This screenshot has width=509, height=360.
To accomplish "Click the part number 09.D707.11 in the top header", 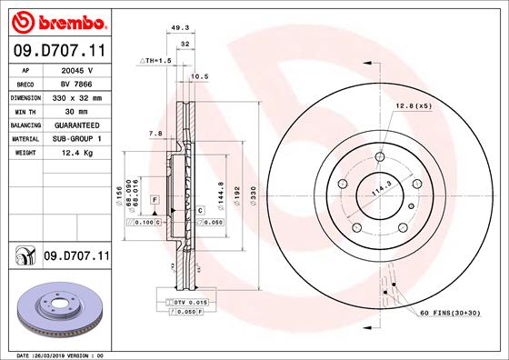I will pos(58,51).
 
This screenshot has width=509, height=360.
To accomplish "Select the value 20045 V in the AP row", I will pos(78,70).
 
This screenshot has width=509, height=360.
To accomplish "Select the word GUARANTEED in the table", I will pos(78,125).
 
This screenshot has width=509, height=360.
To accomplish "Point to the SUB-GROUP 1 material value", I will pos(78,138).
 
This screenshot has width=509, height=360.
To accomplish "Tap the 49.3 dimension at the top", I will pos(179,28).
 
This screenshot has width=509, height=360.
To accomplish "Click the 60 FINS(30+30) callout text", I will pos(451,314).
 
